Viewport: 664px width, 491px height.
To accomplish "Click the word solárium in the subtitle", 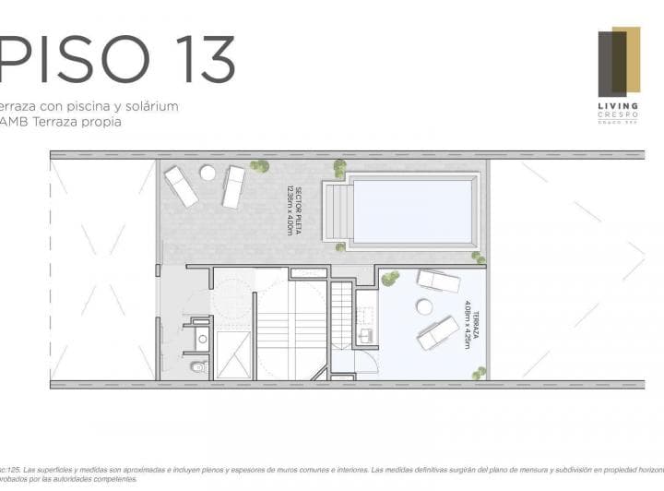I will [x=145, y=106].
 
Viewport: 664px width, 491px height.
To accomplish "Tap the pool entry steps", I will [x=338, y=211].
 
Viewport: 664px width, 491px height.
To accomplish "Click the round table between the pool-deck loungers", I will [x=207, y=174].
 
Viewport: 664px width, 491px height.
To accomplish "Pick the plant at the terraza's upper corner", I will [x=390, y=277].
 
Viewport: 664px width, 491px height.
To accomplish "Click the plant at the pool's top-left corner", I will [x=340, y=168].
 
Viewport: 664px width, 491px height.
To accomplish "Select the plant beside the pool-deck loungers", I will [x=261, y=167].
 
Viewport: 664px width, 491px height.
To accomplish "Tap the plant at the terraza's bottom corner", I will [x=479, y=373].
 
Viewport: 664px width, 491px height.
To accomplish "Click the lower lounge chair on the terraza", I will [x=438, y=332].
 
